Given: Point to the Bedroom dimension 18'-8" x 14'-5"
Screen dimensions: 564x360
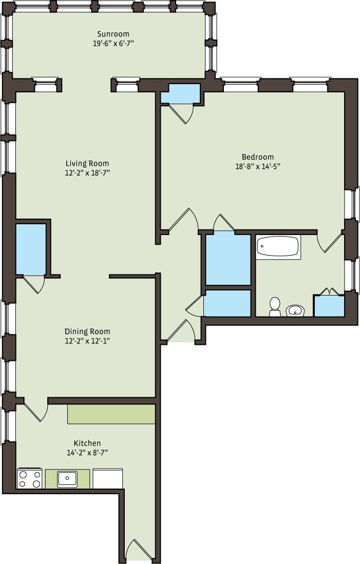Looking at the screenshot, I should point(257,166).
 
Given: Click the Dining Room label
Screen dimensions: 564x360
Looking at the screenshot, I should point(87,332).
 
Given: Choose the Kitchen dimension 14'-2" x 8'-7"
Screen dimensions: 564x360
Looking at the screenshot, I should point(87,453).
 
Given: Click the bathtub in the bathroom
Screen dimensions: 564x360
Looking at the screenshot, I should point(278,247).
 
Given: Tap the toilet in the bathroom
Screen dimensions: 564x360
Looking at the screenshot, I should point(275,306).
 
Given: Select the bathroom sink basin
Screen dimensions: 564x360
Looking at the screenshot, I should point(295,310).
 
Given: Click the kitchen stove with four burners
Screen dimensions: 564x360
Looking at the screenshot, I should point(30,478).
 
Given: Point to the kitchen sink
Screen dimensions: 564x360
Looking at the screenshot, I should point(67,479).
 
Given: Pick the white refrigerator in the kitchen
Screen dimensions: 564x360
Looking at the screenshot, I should point(107,478).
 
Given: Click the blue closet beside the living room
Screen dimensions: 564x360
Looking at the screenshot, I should point(31,248).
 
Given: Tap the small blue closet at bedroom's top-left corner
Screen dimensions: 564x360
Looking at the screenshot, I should point(180,94).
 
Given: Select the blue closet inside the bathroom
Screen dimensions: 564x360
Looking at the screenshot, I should point(329,306).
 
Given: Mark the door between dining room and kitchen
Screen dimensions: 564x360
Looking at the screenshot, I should point(35,411).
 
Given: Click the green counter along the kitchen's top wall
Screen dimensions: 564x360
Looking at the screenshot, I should point(111,414).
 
